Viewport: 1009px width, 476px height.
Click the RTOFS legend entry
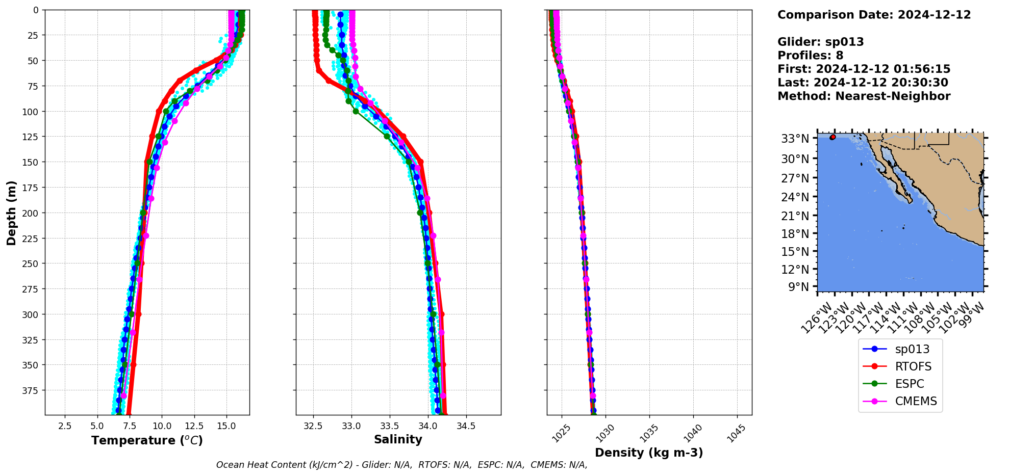click(x=913, y=366)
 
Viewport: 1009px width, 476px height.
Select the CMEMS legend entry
click(x=916, y=401)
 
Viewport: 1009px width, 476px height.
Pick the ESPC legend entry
click(x=910, y=384)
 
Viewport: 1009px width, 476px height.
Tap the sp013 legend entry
click(x=912, y=349)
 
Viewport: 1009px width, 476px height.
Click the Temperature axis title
click(x=147, y=440)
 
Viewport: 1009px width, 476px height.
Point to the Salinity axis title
click(x=398, y=439)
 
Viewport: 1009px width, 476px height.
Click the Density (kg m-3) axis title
click(x=649, y=453)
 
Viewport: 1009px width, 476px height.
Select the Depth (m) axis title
click(x=11, y=213)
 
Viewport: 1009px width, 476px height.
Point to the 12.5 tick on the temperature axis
click(x=194, y=426)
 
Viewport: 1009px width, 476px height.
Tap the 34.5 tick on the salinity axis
click(x=466, y=426)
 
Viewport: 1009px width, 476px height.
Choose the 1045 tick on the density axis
click(x=736, y=434)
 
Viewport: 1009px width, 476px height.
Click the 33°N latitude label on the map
click(x=795, y=139)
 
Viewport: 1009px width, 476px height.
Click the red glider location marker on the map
click(x=833, y=137)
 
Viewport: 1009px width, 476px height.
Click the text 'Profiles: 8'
click(x=810, y=56)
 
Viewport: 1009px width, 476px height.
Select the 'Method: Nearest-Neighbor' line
click(x=864, y=96)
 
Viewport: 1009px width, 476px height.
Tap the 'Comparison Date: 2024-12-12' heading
click(x=874, y=15)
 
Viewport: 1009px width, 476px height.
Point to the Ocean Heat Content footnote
click(x=401, y=465)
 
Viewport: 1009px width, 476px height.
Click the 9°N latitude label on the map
click(x=798, y=287)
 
